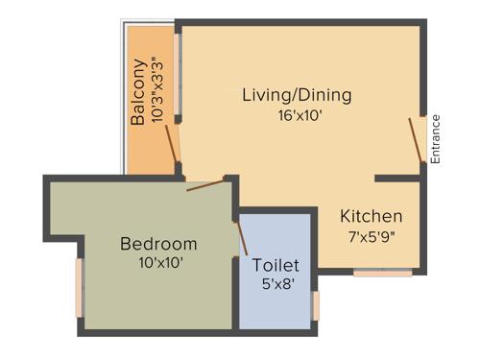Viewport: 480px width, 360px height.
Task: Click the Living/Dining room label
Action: coord(297,95)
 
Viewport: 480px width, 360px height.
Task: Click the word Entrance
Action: coord(435,140)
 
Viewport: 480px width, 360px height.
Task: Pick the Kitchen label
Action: coord(372,216)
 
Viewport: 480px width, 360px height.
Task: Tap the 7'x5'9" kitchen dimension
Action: coord(372,236)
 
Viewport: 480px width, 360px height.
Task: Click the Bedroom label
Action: coord(158,243)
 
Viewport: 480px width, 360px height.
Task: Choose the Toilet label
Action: coord(276,265)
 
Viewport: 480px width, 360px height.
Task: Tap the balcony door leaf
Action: coord(173,143)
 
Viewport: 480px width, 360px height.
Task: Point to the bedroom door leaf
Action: coord(205,183)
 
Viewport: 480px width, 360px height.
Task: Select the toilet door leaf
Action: coord(241,237)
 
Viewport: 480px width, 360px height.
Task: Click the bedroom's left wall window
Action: coord(80,288)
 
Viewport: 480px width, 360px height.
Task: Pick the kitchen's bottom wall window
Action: coord(382,273)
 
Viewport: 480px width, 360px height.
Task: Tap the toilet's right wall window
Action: coord(316,305)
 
